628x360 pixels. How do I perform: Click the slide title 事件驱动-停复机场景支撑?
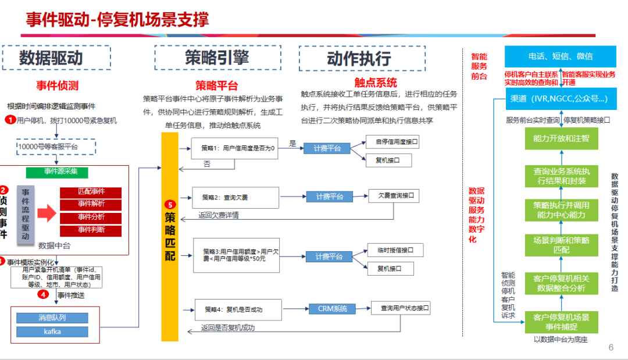[x=117, y=19]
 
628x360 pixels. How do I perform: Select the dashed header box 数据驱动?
[x=56, y=58]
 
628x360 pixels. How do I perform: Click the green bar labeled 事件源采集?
[x=65, y=172]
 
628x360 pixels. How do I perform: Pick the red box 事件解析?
[x=91, y=204]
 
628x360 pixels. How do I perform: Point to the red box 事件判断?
[x=91, y=230]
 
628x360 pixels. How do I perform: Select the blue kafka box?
[x=52, y=332]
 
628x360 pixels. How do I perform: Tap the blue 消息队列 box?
[x=52, y=318]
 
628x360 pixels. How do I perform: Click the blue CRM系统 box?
[x=332, y=309]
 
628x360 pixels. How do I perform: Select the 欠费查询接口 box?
[x=394, y=196]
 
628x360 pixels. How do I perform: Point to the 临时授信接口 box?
[x=395, y=250]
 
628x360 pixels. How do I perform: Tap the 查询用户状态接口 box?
[x=401, y=308]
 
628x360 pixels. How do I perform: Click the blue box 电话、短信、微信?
[x=560, y=56]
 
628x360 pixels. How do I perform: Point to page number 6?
[x=611, y=348]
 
